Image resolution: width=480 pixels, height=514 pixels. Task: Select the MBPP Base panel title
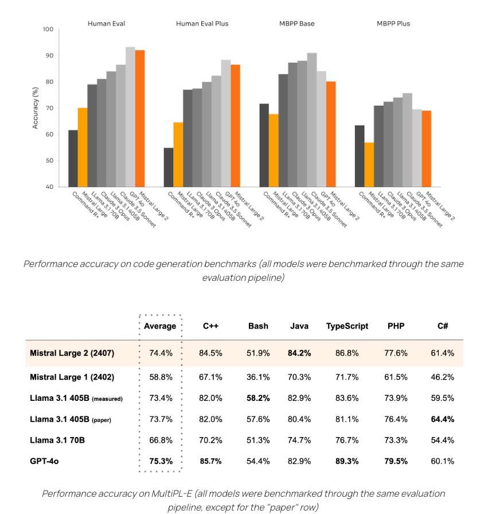pos(298,24)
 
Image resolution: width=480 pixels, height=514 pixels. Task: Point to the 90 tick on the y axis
pos(49,56)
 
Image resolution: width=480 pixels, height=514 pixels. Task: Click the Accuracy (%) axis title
pos(36,108)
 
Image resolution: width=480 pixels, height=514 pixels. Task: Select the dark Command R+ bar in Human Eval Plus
pos(168,167)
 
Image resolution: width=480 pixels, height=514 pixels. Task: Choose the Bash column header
pos(258,326)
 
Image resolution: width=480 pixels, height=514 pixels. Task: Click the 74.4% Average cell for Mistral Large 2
pos(161,353)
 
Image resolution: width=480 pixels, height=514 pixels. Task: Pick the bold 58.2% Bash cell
pos(258,398)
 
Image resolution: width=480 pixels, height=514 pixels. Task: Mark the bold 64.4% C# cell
pos(442,419)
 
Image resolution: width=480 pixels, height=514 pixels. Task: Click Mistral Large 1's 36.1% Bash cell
pos(258,376)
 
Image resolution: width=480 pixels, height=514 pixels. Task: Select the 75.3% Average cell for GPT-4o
pos(161,461)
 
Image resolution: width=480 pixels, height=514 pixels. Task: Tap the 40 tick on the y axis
pos(49,187)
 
